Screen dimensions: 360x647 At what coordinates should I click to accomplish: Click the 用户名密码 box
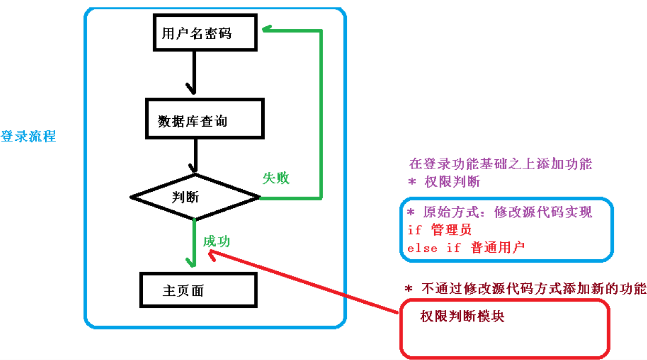(x=206, y=33)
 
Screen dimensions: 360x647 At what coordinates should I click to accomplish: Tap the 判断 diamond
(x=195, y=197)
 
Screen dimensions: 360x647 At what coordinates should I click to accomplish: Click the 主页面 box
(x=198, y=290)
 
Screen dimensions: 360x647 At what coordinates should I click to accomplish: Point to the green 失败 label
(x=276, y=178)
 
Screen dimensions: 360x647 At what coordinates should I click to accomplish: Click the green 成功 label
(x=217, y=241)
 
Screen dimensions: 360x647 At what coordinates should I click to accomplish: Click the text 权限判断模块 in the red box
(x=462, y=316)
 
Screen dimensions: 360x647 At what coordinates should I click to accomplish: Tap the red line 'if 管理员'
(x=439, y=230)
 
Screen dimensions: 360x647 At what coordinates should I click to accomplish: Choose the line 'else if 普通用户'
(x=466, y=248)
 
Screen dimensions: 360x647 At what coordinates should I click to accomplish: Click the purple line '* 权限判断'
(x=444, y=182)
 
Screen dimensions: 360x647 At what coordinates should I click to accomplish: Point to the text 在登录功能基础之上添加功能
(x=500, y=164)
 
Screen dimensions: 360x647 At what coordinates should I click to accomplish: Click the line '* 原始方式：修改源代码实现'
(x=500, y=212)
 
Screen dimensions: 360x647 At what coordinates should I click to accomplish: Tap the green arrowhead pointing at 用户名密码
(x=267, y=30)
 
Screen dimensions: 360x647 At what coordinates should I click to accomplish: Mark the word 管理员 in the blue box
(x=451, y=230)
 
